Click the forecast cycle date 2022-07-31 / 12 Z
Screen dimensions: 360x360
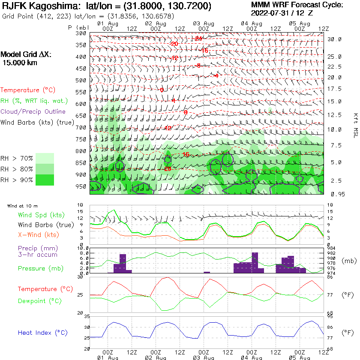(x=282, y=13)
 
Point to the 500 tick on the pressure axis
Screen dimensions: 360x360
(x=81, y=81)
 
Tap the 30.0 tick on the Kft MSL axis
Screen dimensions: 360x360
(x=334, y=39)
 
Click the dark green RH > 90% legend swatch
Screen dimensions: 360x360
(x=45, y=180)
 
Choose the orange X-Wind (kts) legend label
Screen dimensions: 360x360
(x=38, y=235)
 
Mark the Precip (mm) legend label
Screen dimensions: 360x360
(x=37, y=248)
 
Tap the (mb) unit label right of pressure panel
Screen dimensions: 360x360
(x=348, y=261)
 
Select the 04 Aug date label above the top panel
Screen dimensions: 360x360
(x=251, y=23)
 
